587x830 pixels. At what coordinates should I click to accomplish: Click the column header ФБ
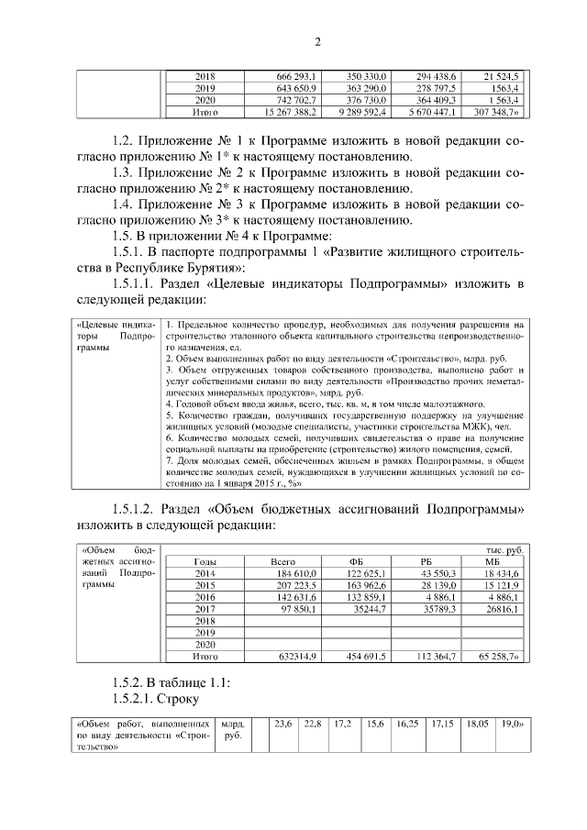[357, 561]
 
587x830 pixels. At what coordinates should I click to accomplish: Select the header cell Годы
[205, 561]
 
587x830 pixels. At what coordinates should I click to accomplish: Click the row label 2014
[205, 573]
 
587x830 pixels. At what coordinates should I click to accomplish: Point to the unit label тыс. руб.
[504, 548]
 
